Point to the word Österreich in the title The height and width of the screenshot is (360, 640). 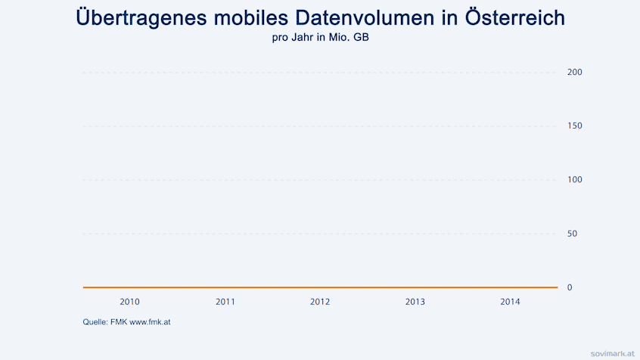tap(509, 17)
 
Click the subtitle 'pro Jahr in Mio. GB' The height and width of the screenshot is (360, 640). tap(320, 36)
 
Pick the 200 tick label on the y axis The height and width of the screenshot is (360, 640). tap(574, 72)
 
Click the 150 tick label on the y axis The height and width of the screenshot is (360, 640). tap(574, 126)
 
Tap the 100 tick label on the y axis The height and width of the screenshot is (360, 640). tap(574, 179)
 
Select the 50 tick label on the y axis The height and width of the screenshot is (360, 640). tap(572, 234)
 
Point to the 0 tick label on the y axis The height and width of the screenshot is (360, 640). tap(570, 287)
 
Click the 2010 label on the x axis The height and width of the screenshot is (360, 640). tap(130, 302)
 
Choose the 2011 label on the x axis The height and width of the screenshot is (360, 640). tap(225, 302)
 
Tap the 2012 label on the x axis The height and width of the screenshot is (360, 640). tap(320, 302)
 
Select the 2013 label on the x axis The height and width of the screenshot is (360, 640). tap(415, 302)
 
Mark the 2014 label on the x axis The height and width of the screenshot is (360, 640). tap(510, 302)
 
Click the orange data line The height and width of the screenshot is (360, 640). tap(320, 287)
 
